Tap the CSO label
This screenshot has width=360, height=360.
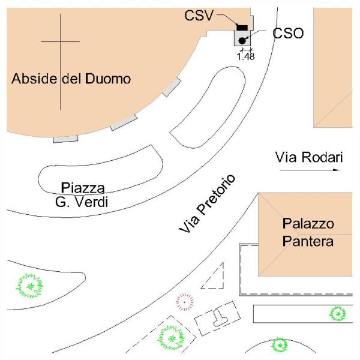pyautogui.click(x=288, y=34)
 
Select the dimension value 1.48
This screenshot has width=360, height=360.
pyautogui.click(x=246, y=56)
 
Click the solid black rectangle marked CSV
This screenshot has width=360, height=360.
pyautogui.click(x=242, y=27)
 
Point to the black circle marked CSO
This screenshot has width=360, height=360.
pyautogui.click(x=242, y=40)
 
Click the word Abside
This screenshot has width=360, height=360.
pyautogui.click(x=35, y=79)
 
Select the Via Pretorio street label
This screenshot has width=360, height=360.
pyautogui.click(x=208, y=204)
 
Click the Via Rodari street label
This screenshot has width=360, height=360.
pyautogui.click(x=308, y=158)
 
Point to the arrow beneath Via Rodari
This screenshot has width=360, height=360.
pyautogui.click(x=310, y=170)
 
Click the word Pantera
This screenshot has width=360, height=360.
pyautogui.click(x=308, y=241)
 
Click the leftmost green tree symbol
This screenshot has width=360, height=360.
pyautogui.click(x=29, y=286)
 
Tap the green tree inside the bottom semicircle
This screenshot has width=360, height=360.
pyautogui.click(x=278, y=344)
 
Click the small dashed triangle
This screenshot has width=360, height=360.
pyautogui.click(x=215, y=278)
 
